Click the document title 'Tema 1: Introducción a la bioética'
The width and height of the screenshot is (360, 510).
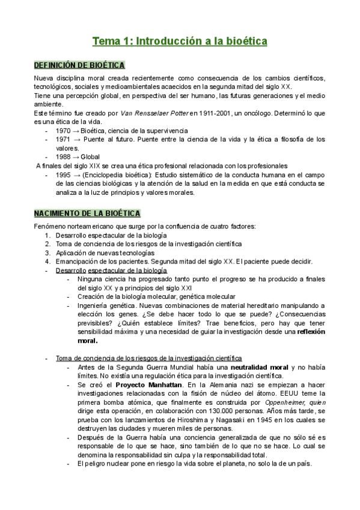[x=180, y=41]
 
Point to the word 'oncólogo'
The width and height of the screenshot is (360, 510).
[x=276, y=113]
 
